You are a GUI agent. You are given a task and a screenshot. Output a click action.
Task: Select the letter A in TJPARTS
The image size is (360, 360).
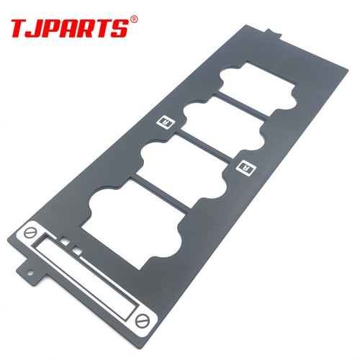[x=73, y=29]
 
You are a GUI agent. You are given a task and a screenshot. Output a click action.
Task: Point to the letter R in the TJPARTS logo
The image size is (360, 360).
[x=91, y=29]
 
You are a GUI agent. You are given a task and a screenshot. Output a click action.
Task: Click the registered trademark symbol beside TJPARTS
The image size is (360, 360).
[x=135, y=19]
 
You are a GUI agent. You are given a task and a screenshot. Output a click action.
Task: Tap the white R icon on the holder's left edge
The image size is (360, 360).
[x=166, y=122]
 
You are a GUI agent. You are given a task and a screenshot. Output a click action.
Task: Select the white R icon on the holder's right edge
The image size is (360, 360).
[x=246, y=167]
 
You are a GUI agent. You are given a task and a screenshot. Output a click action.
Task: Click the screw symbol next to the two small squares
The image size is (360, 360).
[x=30, y=233]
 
